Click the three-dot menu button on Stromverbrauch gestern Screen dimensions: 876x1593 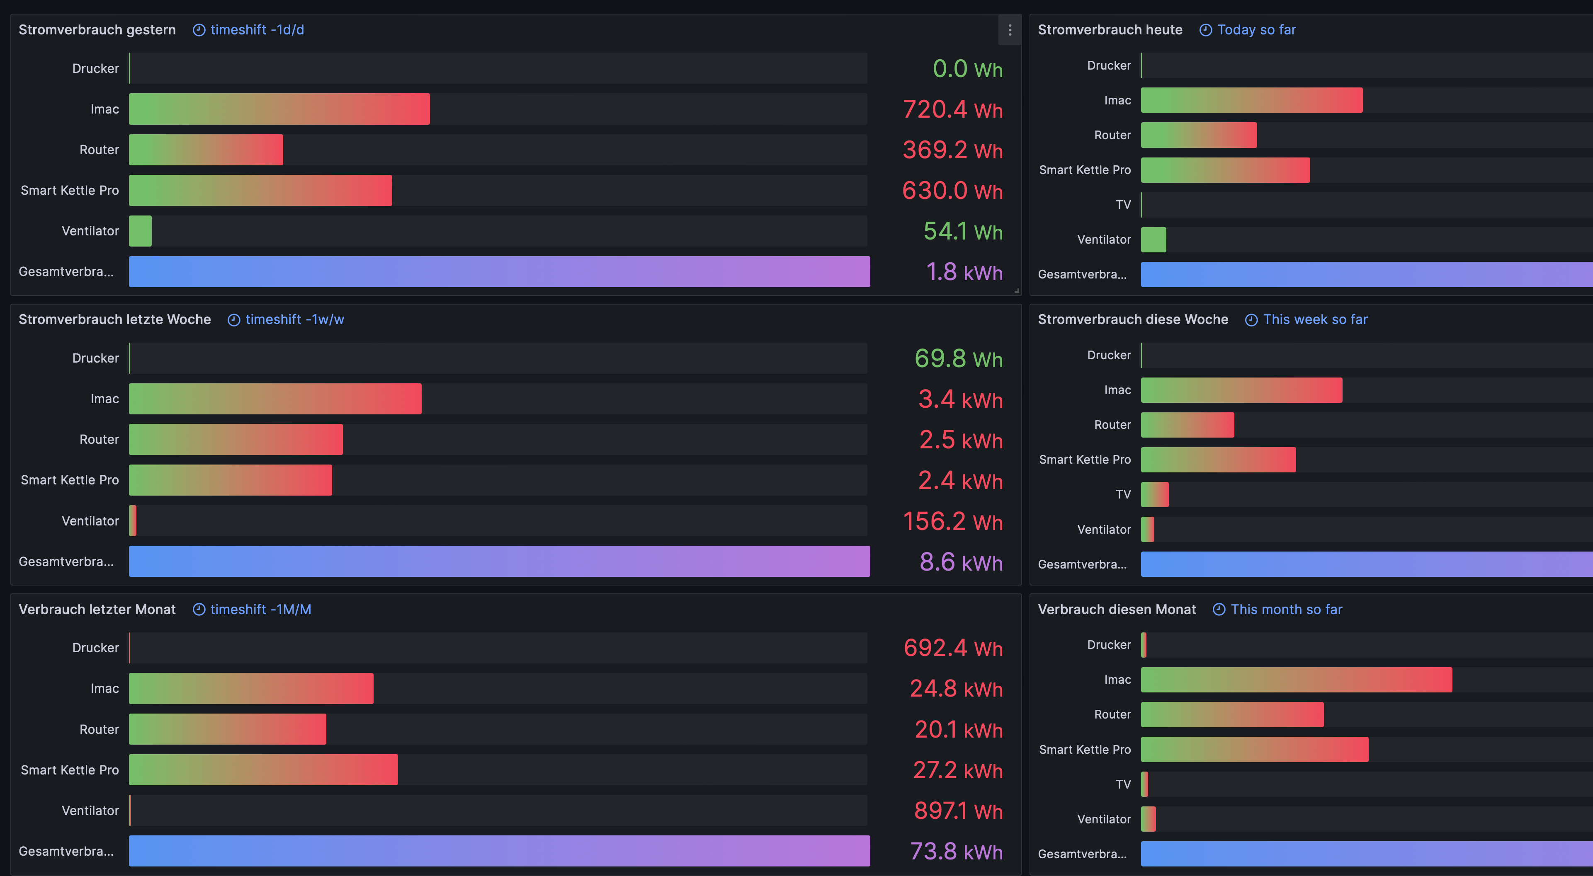click(1009, 30)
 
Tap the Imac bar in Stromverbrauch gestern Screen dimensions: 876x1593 click(279, 109)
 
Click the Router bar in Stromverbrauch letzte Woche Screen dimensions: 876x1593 click(236, 440)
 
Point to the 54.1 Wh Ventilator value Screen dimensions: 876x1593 click(962, 231)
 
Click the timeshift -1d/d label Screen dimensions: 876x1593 click(257, 30)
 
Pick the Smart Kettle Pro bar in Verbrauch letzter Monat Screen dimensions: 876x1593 click(263, 770)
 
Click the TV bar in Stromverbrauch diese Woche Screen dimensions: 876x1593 click(1155, 495)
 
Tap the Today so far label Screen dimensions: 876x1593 click(1256, 30)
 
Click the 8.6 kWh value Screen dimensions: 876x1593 click(960, 562)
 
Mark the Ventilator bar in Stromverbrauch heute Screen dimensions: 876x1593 click(1153, 240)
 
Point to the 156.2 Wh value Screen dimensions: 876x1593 click(952, 521)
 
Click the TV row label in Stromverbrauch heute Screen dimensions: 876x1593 click(1123, 205)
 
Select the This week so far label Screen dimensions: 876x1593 click(1315, 319)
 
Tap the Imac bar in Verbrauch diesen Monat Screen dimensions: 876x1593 click(1296, 680)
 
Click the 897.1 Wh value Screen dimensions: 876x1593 click(958, 811)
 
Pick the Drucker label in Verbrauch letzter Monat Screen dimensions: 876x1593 click(95, 648)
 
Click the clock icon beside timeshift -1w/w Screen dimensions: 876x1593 click(234, 320)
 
